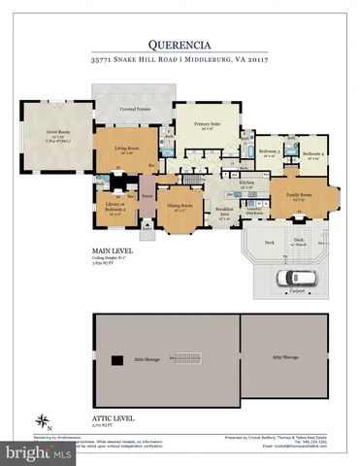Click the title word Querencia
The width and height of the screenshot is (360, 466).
pyautogui.click(x=180, y=44)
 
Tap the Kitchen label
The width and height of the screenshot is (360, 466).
pyautogui.click(x=246, y=183)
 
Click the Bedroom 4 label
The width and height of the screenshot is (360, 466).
pyautogui.click(x=311, y=153)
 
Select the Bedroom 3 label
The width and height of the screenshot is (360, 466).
pyautogui.click(x=271, y=152)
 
